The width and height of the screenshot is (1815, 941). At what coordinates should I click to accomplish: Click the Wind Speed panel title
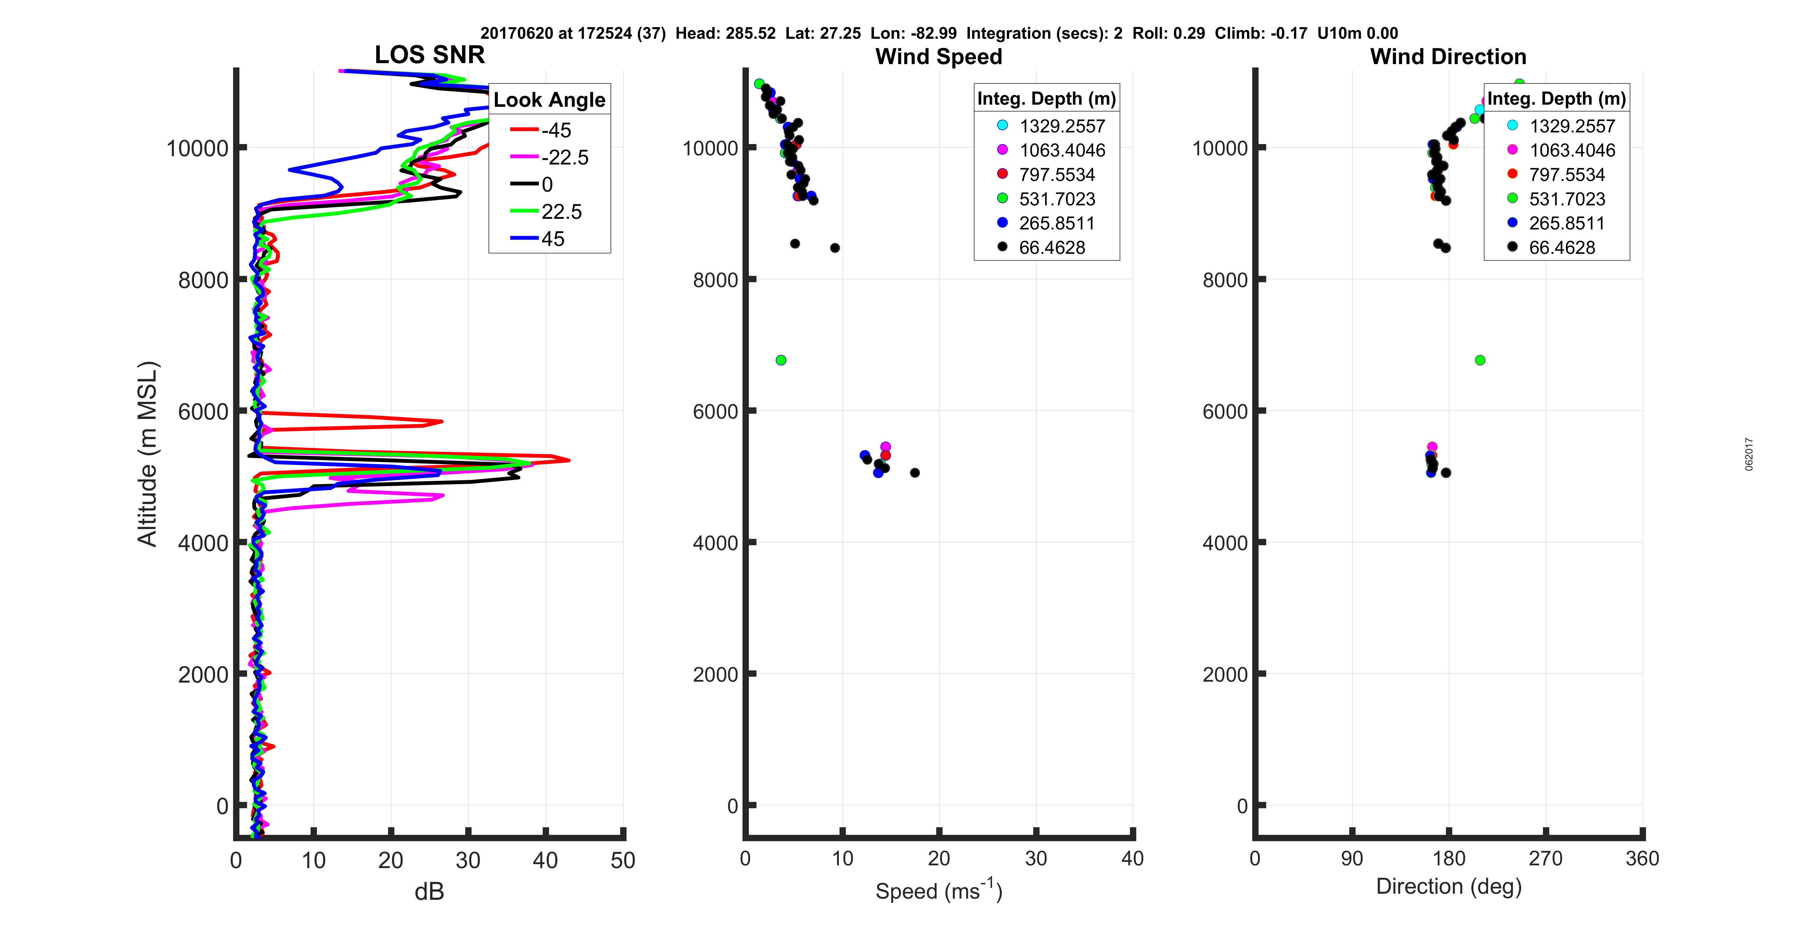(x=939, y=56)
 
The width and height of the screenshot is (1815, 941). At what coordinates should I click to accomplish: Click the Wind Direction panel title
(x=1448, y=56)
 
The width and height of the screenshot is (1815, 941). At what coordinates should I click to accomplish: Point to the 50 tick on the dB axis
(x=623, y=860)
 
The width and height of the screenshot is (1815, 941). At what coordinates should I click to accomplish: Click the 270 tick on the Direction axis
(x=1545, y=859)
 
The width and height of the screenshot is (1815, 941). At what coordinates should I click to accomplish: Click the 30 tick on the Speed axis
(x=1036, y=859)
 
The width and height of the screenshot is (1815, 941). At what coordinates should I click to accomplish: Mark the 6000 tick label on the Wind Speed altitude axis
(x=715, y=412)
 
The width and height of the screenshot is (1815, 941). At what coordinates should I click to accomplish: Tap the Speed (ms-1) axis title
(x=939, y=890)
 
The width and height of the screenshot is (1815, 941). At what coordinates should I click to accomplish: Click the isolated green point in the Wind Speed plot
(x=781, y=360)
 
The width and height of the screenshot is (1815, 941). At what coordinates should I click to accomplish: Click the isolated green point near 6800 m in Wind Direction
(x=1480, y=360)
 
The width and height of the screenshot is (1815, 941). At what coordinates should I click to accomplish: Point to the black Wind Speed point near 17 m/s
(x=915, y=473)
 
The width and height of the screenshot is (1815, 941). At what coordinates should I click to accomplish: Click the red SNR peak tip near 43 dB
(x=568, y=460)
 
